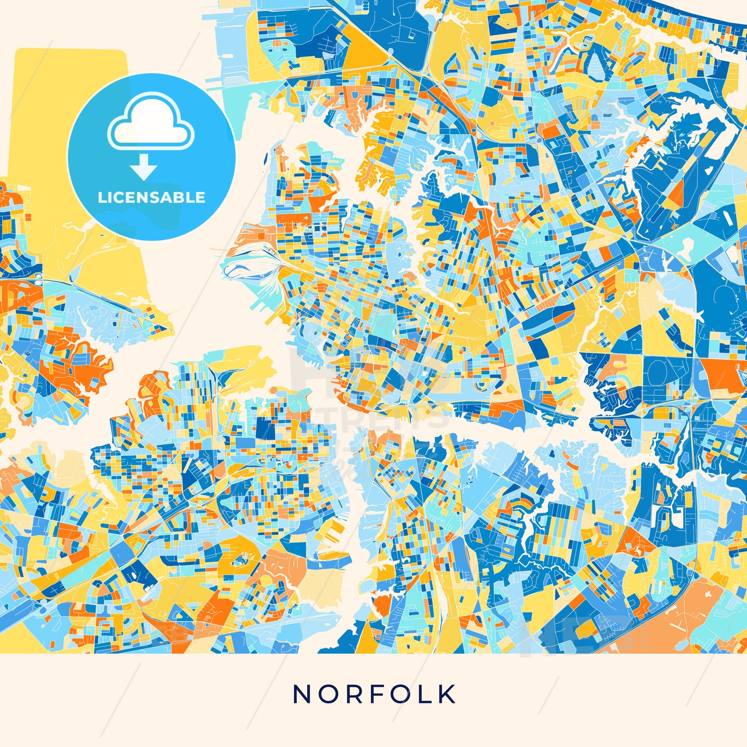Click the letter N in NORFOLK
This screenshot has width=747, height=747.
(x=301, y=694)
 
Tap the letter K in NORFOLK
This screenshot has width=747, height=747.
(x=447, y=694)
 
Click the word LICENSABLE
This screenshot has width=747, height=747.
(x=151, y=198)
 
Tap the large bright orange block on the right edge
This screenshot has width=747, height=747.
(x=724, y=374)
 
